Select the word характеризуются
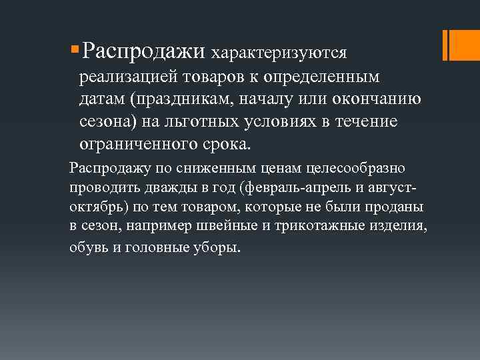[279, 52]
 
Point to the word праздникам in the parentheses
[183, 100]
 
